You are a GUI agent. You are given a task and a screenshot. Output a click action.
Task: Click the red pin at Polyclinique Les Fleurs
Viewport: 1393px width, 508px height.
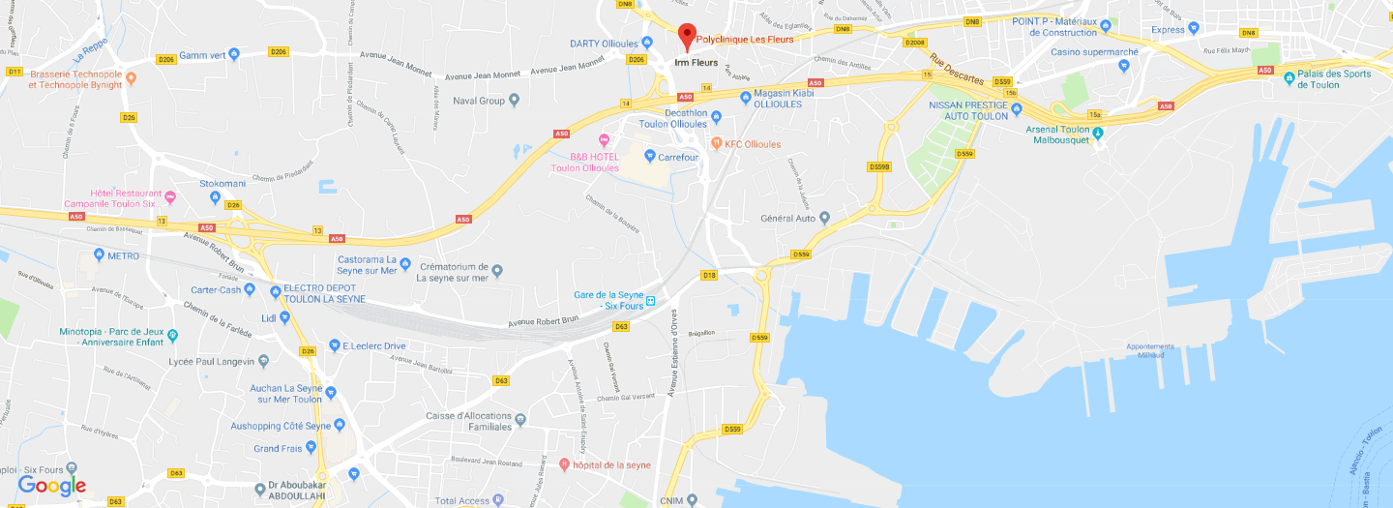tap(686, 35)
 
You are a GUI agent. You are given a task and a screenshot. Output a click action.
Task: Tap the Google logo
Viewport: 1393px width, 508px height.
tap(52, 486)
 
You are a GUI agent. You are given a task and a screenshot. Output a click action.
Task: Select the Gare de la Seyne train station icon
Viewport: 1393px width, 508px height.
tap(651, 300)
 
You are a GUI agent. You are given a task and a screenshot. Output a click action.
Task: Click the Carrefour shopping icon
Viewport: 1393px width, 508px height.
tap(650, 156)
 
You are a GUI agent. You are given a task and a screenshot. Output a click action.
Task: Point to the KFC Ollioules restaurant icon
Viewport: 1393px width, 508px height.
tap(716, 143)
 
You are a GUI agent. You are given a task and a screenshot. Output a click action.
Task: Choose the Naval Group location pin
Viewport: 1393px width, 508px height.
tap(515, 100)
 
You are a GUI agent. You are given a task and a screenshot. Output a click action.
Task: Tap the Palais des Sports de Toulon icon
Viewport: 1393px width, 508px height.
tap(1289, 78)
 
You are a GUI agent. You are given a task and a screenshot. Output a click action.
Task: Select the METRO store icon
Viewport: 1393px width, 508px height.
tap(99, 255)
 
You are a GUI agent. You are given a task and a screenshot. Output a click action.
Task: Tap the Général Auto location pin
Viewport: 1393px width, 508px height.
tap(824, 218)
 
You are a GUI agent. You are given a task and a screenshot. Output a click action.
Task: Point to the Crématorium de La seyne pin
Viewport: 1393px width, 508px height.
tap(497, 270)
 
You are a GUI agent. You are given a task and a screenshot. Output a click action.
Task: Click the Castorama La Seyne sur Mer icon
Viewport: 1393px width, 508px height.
tap(405, 263)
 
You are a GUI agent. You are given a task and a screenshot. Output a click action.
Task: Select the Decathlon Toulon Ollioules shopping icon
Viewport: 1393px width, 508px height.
tap(716, 117)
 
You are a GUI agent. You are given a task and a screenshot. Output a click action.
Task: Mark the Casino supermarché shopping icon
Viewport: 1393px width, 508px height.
tap(1124, 66)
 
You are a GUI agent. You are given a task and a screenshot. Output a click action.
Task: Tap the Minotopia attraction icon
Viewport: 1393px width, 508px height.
tap(173, 336)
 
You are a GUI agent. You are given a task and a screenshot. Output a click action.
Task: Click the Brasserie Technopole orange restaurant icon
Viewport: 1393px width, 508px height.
tap(132, 78)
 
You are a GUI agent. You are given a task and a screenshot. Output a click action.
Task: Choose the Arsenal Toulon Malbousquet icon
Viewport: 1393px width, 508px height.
tap(1098, 133)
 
